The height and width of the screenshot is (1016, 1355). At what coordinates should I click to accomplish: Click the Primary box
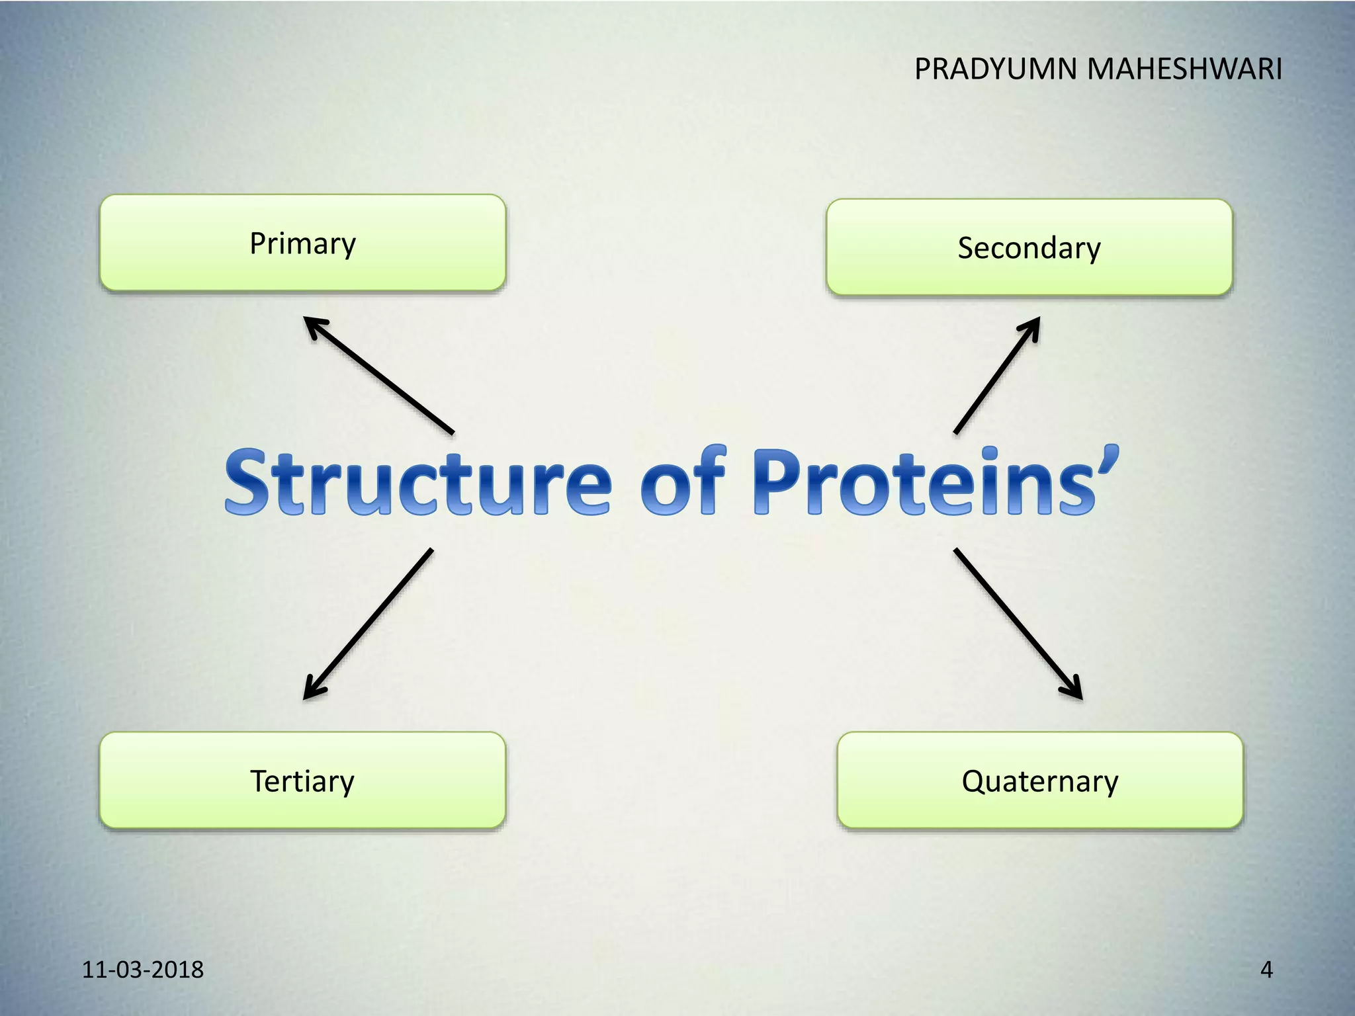point(302,243)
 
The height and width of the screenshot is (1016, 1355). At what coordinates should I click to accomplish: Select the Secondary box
point(1029,247)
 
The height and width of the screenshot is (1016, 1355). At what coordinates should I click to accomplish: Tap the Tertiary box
point(302,781)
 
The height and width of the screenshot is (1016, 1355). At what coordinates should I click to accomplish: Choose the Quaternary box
point(1039,781)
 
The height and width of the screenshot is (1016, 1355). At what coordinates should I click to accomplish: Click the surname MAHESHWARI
point(1184,69)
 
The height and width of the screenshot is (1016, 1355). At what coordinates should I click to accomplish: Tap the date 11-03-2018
point(142,969)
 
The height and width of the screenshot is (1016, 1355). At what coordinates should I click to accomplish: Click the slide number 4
point(1266,969)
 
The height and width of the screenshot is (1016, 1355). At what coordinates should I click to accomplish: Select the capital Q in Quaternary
point(974,781)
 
